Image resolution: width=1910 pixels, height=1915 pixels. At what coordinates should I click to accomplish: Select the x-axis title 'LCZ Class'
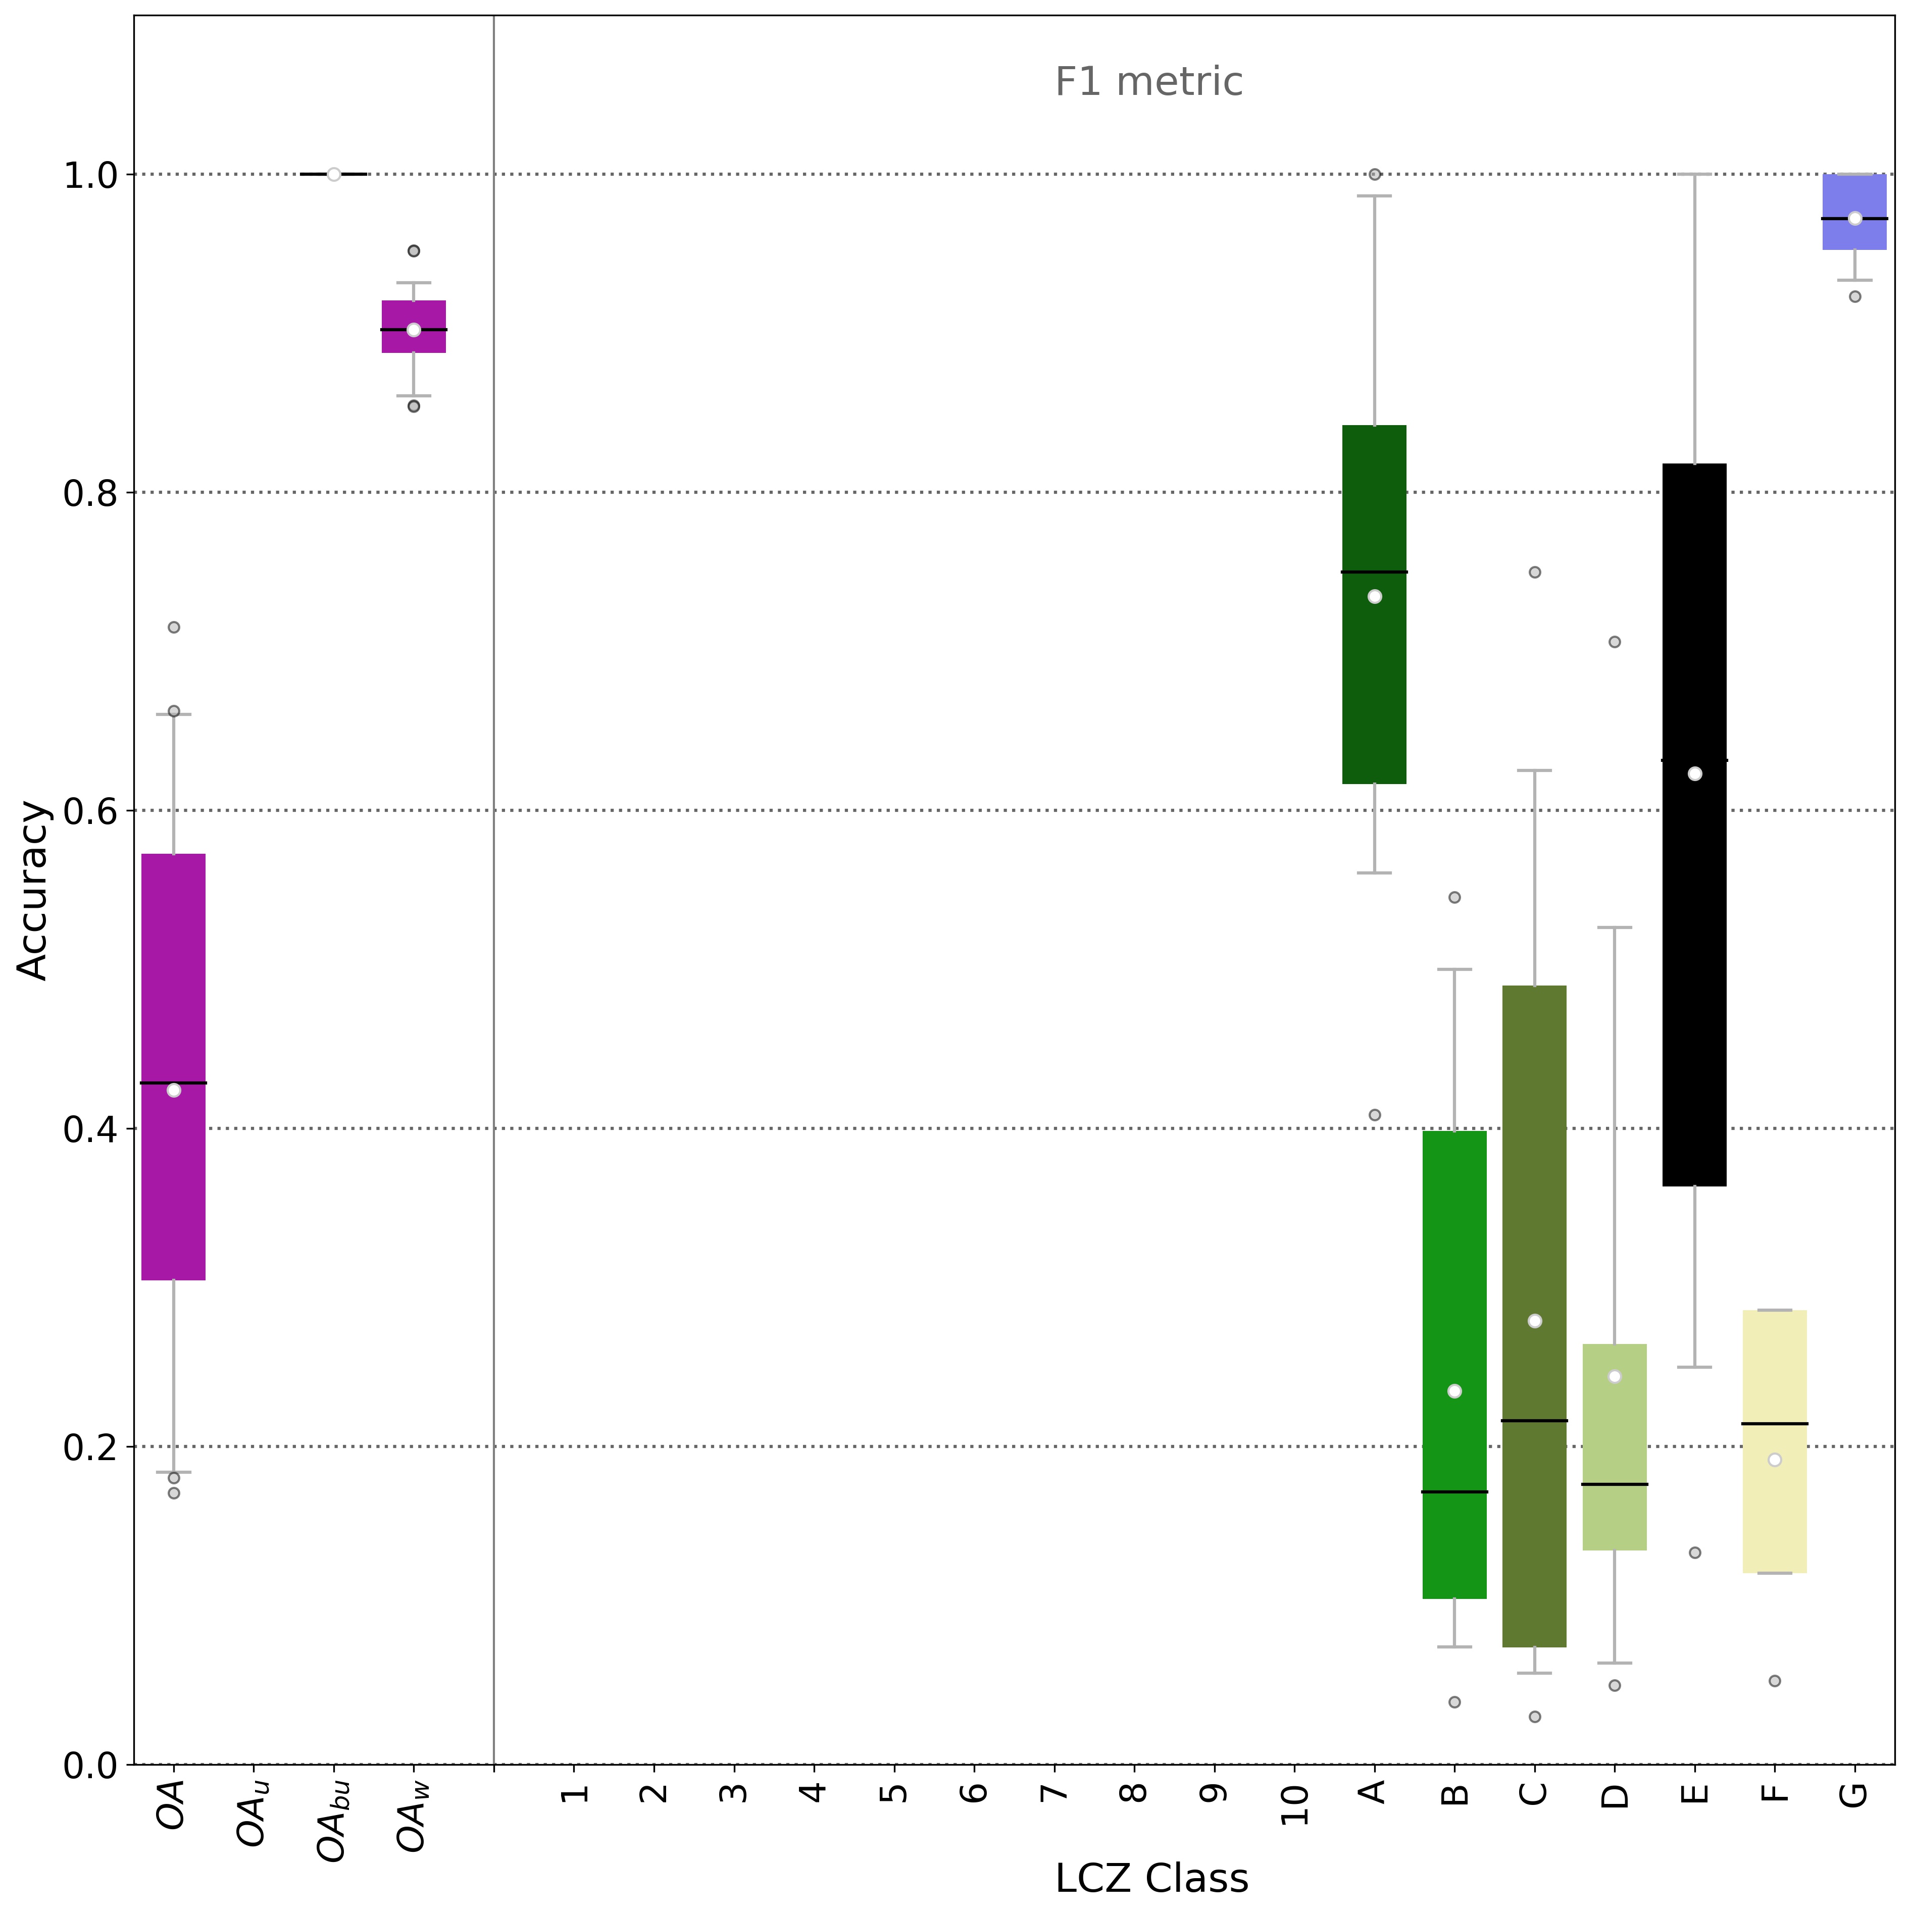coord(1150,1877)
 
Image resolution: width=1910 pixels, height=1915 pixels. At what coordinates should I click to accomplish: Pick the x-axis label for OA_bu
coord(333,1819)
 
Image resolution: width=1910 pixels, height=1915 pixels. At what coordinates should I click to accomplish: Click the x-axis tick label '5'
coord(893,1792)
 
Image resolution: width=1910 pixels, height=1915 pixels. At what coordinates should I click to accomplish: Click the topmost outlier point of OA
coord(174,627)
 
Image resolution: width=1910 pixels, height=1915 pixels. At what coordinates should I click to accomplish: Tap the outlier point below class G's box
coord(1854,296)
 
